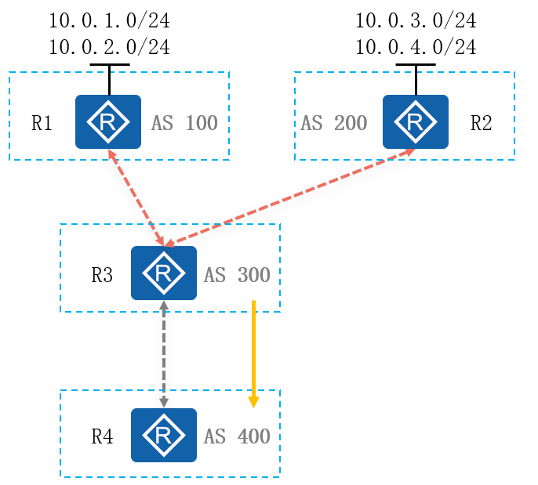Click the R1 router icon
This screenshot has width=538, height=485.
(x=108, y=121)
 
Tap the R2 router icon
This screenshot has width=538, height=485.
(x=416, y=121)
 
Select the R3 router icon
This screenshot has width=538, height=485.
(x=164, y=273)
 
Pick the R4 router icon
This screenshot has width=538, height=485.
(x=164, y=434)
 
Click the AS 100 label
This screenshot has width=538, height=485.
(x=185, y=123)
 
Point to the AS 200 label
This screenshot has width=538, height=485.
(x=334, y=123)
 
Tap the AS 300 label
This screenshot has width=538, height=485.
(x=237, y=275)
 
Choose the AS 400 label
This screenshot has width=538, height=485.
(x=237, y=436)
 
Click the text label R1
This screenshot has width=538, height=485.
(x=42, y=123)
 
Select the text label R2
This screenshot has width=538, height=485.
(x=481, y=123)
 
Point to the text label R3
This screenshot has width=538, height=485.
(x=102, y=275)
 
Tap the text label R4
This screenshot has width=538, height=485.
(x=102, y=436)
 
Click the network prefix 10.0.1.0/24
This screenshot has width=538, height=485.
(x=109, y=20)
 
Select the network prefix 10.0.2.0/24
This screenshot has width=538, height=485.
(x=109, y=47)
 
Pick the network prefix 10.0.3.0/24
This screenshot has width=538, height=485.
(x=416, y=20)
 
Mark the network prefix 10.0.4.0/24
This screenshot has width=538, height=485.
(x=416, y=47)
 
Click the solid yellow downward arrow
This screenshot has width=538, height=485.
(x=253, y=353)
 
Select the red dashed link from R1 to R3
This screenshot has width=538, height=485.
(x=136, y=197)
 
